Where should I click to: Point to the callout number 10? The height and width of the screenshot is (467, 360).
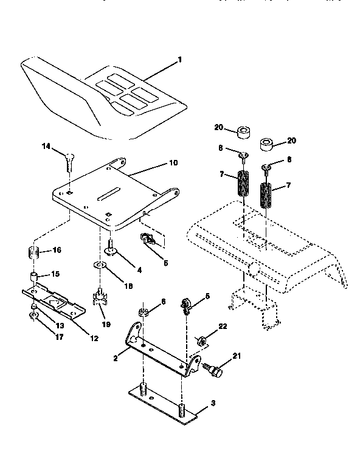173,163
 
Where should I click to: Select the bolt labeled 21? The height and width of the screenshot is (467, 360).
216,368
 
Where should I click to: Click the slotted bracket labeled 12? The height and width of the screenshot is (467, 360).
55,301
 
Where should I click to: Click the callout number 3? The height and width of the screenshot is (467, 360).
212,403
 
